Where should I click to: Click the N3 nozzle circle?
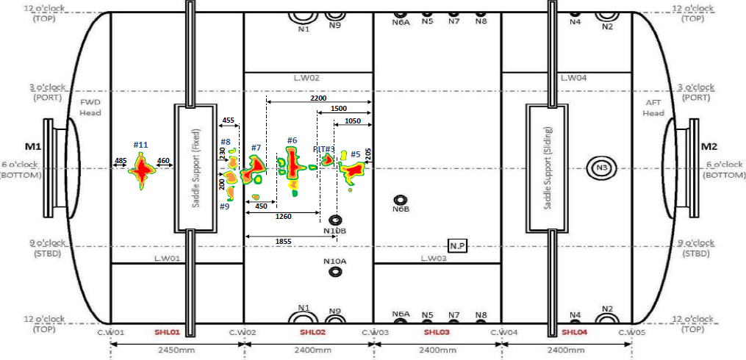(x=601, y=168)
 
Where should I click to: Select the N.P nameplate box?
(x=457, y=245)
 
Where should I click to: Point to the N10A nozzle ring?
(x=335, y=272)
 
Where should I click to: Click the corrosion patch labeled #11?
(x=141, y=172)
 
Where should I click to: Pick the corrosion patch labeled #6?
(x=293, y=165)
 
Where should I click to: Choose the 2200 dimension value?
(x=318, y=98)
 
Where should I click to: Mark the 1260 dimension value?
(x=284, y=217)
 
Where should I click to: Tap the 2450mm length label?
(x=176, y=350)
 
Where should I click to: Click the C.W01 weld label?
(x=111, y=332)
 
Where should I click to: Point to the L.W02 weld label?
(x=306, y=77)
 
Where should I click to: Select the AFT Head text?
(x=653, y=107)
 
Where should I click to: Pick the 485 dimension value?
(x=121, y=161)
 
